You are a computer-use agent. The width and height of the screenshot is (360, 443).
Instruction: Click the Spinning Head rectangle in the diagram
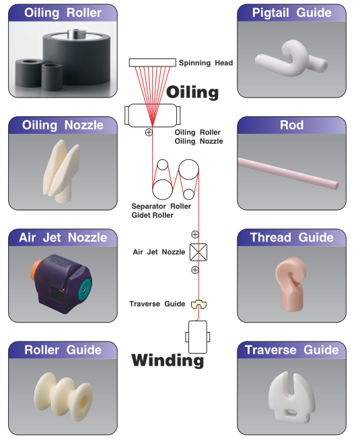coord(153,63)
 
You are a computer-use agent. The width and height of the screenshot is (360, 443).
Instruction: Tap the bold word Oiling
coord(192,93)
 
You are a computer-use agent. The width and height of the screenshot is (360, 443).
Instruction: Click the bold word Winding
coord(168,360)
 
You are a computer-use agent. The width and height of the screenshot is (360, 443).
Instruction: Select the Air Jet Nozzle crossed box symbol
coord(199,252)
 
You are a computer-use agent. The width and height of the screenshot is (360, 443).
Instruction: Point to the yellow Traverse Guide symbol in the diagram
coord(199,305)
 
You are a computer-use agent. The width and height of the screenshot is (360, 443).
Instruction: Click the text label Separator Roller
coord(161,206)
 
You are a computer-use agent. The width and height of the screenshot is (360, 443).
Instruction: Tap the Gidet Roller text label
coord(153,215)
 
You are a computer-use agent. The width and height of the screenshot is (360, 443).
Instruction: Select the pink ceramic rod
coord(288,173)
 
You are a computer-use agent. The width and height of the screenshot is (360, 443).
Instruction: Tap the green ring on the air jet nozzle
coord(85,289)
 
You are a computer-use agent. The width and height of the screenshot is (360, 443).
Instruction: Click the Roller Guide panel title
coord(63,350)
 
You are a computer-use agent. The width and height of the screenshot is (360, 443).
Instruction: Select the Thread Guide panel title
coord(292,237)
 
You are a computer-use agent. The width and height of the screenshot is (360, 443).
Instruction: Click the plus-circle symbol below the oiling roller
coord(149,132)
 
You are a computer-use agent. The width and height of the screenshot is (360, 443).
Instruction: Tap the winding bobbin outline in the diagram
coord(198,337)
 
